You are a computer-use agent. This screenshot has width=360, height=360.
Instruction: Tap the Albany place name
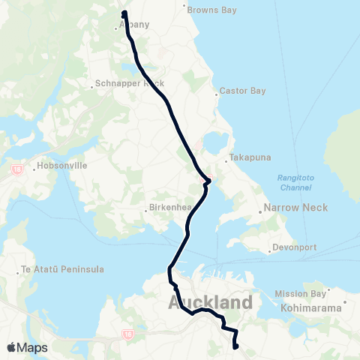133,25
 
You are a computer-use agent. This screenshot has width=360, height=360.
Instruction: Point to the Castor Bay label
238,91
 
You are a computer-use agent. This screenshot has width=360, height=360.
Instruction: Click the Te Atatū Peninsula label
61,269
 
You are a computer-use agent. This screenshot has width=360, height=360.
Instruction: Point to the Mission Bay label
300,293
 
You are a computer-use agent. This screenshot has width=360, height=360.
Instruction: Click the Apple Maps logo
27,347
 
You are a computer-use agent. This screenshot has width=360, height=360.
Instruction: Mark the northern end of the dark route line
124,12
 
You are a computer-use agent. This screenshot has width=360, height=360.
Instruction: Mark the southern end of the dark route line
235,347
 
